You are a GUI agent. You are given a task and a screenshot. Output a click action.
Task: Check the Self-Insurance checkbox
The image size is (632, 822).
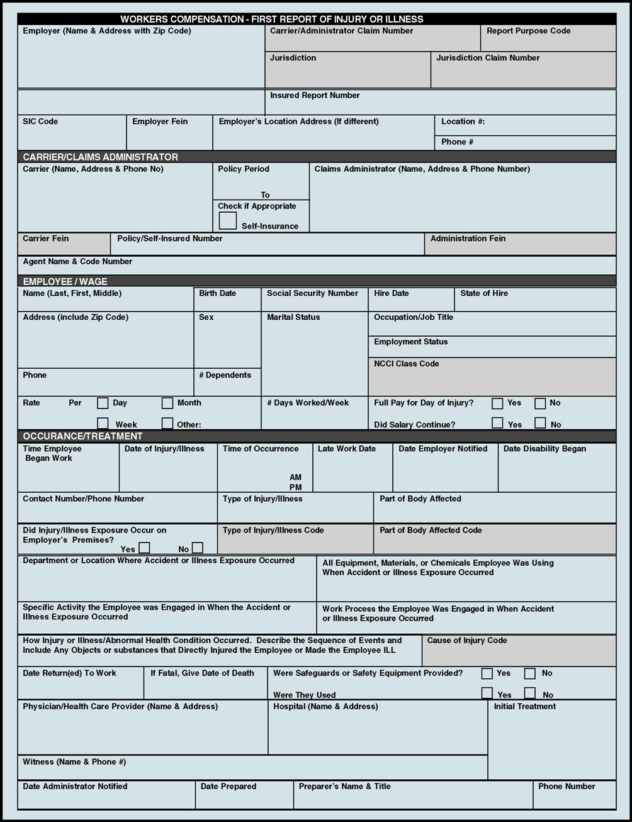[x=228, y=221]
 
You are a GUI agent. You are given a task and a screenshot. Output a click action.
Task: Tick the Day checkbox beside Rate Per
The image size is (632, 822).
[x=103, y=403]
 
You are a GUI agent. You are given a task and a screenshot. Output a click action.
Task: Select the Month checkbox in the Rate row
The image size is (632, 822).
[x=167, y=403]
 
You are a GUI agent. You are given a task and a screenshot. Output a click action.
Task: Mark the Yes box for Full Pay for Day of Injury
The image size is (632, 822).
[x=497, y=403]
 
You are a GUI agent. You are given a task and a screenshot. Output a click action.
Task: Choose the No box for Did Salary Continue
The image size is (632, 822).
[x=540, y=423]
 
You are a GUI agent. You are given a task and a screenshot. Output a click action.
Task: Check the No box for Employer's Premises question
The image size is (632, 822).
[x=198, y=548]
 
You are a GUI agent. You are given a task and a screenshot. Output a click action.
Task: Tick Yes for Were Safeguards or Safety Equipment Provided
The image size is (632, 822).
[x=487, y=673]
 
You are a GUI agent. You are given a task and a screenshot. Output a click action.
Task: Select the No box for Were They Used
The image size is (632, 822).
[x=530, y=694]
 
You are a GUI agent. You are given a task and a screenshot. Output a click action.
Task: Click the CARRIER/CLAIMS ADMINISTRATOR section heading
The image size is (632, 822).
[x=100, y=157]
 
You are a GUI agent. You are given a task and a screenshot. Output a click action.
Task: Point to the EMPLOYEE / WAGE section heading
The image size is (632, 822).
[x=65, y=281]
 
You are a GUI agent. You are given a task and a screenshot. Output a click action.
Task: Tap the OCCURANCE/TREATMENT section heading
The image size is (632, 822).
[x=82, y=436]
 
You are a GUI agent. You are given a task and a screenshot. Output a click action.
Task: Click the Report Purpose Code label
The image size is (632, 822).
[x=528, y=31]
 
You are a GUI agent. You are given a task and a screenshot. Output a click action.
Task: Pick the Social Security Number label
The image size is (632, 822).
[x=312, y=293]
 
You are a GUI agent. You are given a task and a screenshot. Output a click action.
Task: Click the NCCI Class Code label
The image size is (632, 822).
[x=406, y=364]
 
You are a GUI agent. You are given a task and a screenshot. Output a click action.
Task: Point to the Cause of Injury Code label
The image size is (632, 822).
[x=466, y=641]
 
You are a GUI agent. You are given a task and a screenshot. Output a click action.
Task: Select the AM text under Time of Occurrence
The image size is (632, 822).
[x=295, y=478]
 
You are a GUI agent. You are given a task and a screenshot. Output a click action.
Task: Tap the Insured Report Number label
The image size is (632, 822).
[x=315, y=96]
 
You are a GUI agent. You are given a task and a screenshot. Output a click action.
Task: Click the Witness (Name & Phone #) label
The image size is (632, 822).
[x=74, y=762]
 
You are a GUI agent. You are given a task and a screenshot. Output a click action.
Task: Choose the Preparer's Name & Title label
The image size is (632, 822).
[x=344, y=787]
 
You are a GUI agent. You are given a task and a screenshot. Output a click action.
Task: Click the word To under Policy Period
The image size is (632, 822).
[x=265, y=195]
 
